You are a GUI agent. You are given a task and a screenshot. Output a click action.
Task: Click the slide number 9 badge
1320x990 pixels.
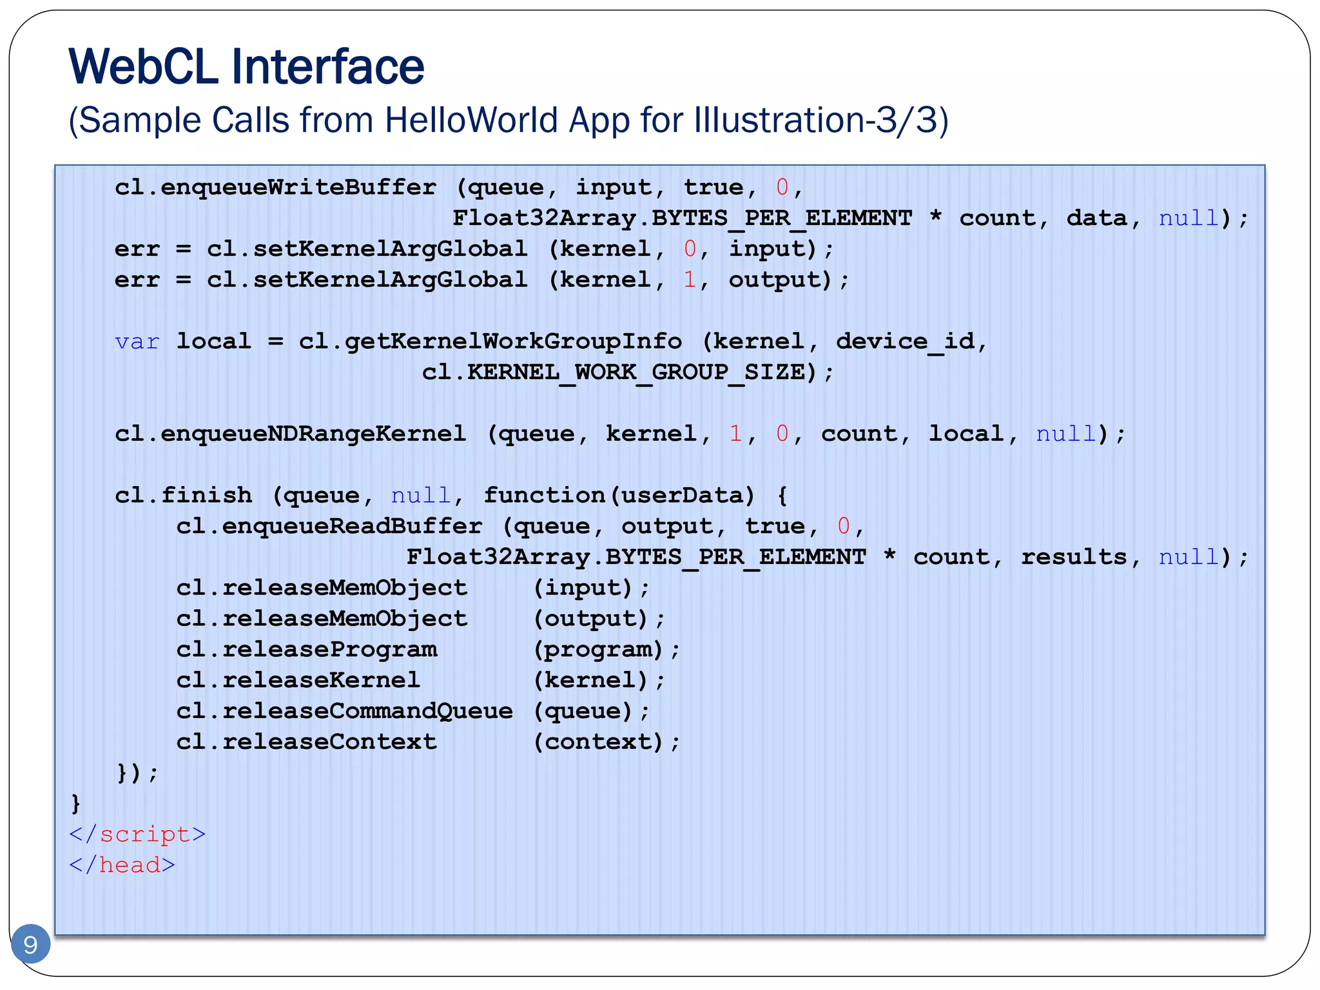(x=30, y=944)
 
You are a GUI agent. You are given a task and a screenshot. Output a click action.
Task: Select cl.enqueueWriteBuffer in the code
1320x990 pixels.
(x=275, y=188)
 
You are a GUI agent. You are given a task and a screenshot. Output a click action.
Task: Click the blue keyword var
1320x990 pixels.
(x=137, y=342)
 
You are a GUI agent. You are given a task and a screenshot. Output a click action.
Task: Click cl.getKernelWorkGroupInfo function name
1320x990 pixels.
(x=490, y=342)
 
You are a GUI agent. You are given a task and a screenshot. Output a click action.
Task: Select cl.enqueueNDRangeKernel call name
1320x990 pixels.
(x=290, y=434)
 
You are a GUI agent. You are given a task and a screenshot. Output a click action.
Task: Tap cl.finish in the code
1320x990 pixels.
(x=183, y=496)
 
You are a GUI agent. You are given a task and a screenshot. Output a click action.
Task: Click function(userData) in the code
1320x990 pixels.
(x=619, y=496)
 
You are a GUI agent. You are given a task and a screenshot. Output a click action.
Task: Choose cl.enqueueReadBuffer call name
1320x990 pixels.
(x=329, y=527)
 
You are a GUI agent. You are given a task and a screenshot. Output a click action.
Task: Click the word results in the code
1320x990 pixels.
(x=1073, y=557)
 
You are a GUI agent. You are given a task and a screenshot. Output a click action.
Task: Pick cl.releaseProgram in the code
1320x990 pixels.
(x=307, y=650)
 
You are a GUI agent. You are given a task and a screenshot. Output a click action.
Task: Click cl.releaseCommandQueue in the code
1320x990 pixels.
(x=344, y=712)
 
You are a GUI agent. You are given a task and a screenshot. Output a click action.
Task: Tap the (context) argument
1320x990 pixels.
(x=598, y=742)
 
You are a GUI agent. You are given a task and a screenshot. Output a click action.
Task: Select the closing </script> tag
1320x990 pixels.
(x=137, y=835)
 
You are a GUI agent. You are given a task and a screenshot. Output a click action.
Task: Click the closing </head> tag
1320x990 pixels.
(x=122, y=866)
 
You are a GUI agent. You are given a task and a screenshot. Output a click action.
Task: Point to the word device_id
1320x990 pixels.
(x=905, y=342)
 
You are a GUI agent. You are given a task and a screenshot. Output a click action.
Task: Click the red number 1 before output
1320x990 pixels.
(x=690, y=280)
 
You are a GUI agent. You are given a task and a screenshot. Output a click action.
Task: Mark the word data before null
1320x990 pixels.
(x=1097, y=218)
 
